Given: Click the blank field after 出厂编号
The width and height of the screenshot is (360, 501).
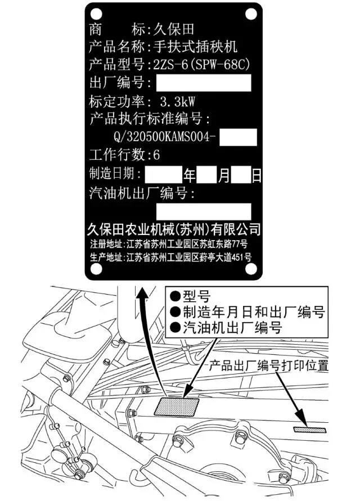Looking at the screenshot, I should pos(203,83).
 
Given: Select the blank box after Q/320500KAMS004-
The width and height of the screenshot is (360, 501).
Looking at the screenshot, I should pos(237,137).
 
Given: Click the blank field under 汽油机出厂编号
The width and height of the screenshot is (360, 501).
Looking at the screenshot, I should pos(203,211).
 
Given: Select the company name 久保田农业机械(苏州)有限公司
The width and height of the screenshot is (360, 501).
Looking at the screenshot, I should pos(174,229).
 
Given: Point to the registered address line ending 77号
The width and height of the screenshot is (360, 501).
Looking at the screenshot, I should pos(169,245).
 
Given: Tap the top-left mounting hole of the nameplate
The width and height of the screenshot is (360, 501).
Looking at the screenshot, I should pos(96,13).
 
